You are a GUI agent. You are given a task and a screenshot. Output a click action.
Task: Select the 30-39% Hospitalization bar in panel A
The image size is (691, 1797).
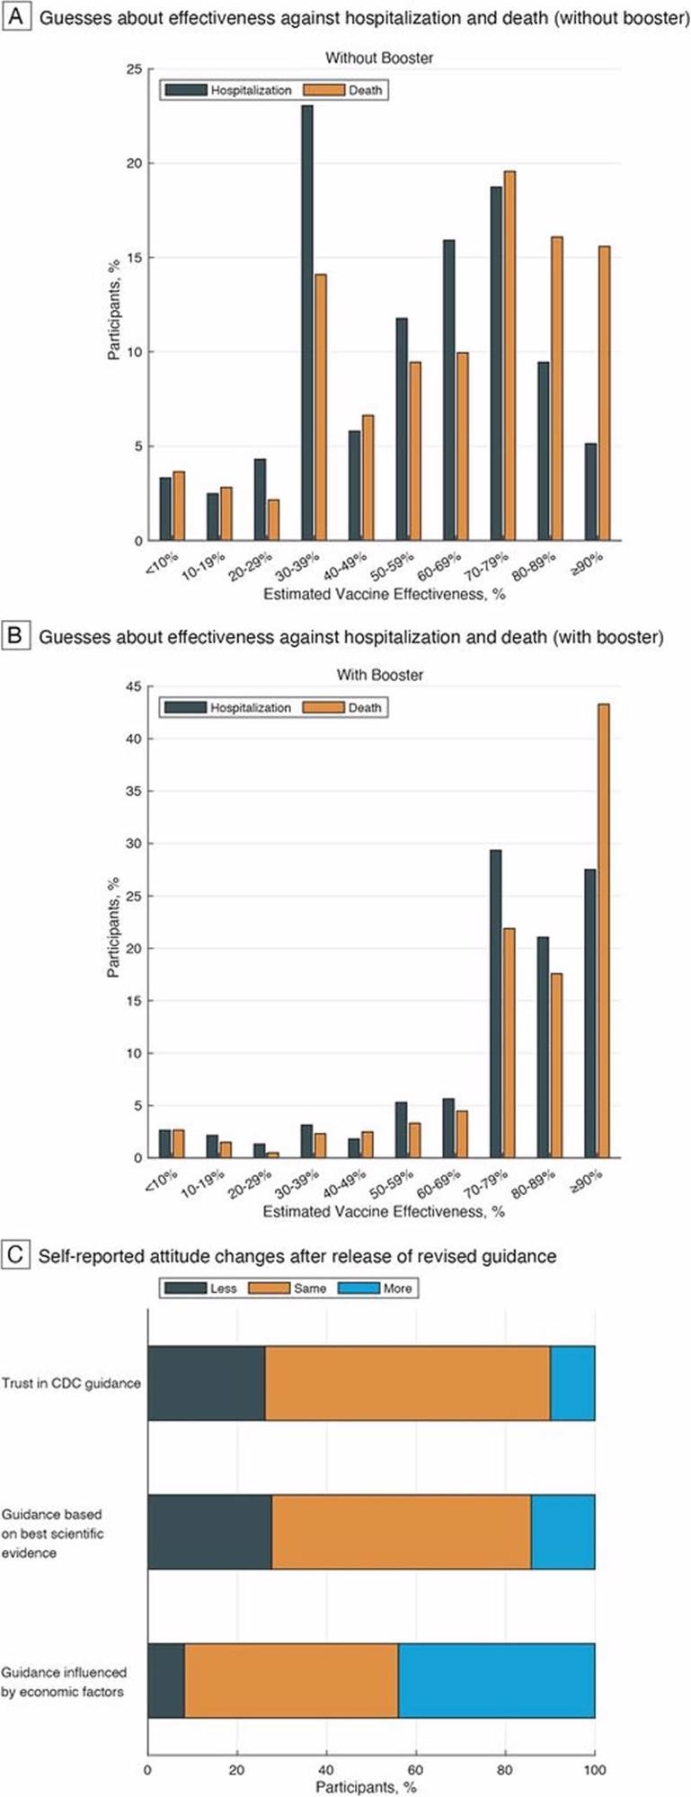pos(307,323)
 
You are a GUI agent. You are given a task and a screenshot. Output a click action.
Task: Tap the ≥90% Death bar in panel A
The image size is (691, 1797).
pos(603,395)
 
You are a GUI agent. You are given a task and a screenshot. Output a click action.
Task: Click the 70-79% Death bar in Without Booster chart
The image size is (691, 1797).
pos(509,356)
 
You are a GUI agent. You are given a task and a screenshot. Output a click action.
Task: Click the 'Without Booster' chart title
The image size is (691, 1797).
pos(378,58)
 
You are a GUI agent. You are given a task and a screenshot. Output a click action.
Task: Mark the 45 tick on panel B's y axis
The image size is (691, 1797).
pos(134,686)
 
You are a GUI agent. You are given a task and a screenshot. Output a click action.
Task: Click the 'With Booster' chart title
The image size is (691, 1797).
pos(379,675)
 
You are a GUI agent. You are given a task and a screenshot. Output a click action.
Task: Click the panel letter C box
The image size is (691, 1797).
pos(15,1253)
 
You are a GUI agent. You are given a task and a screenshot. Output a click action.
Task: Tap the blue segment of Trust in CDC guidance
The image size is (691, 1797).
pos(572,1383)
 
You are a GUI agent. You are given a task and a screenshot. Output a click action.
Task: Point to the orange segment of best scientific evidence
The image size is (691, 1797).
pos(401,1532)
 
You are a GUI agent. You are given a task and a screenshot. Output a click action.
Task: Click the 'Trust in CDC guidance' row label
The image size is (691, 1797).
pos(71,1383)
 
